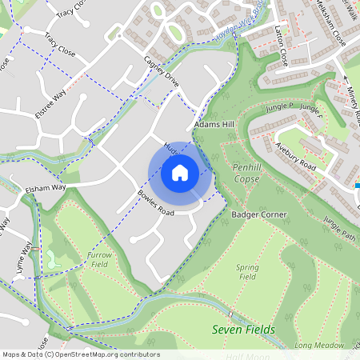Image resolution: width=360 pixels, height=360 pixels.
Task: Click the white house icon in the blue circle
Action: click(179, 173)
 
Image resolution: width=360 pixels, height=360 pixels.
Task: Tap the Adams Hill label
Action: click(214, 126)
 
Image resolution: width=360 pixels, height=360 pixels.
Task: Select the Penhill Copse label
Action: click(246, 173)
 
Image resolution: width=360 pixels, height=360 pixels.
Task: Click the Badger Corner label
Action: click(259, 215)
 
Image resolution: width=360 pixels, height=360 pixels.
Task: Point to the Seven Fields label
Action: click(243, 330)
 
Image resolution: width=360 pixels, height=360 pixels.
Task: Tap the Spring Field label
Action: click(248, 271)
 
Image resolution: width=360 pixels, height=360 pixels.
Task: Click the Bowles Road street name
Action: click(155, 203)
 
